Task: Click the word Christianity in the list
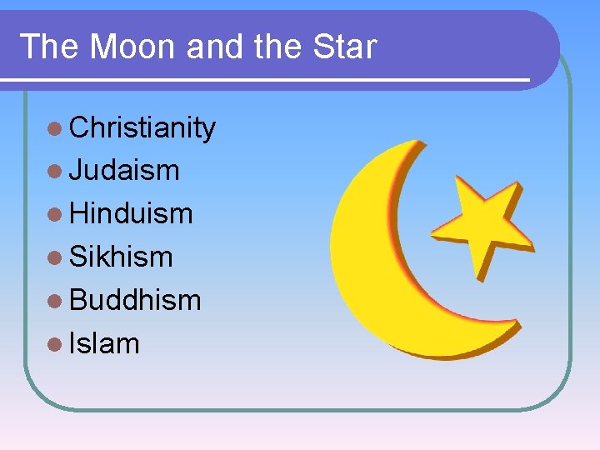(x=142, y=127)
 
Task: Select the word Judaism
(x=124, y=170)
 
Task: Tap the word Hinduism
(x=131, y=213)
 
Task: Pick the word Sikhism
(x=122, y=257)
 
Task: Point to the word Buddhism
(x=135, y=300)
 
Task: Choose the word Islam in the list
(x=105, y=343)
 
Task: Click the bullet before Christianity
(x=55, y=128)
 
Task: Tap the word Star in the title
(x=344, y=47)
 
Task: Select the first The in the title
(x=50, y=47)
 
